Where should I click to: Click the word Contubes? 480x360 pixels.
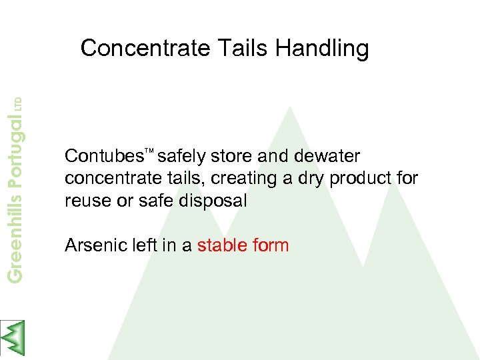pyautogui.click(x=104, y=157)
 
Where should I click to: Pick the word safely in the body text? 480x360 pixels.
pyautogui.click(x=182, y=157)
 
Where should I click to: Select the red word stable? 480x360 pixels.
pyautogui.click(x=222, y=245)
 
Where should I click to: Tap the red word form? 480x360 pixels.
pyautogui.click(x=271, y=245)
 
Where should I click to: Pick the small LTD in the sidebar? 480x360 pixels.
pyautogui.click(x=18, y=104)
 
